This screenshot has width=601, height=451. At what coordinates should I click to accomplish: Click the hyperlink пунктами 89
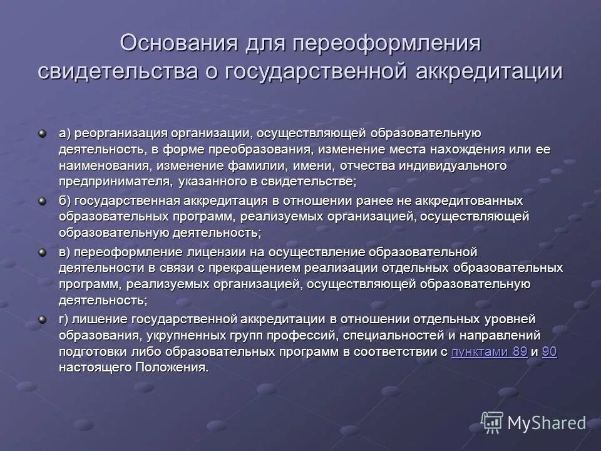[x=488, y=352]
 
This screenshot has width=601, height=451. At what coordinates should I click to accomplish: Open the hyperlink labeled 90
[x=550, y=352]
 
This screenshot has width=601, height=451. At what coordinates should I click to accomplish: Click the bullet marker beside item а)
[x=43, y=133]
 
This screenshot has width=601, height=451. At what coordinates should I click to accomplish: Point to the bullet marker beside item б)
[x=43, y=201]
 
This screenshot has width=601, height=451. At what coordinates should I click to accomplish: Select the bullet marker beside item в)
[x=43, y=252]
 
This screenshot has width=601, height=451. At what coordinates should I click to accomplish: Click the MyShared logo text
[x=547, y=423]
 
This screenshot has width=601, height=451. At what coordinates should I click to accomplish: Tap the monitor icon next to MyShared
[x=492, y=423]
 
